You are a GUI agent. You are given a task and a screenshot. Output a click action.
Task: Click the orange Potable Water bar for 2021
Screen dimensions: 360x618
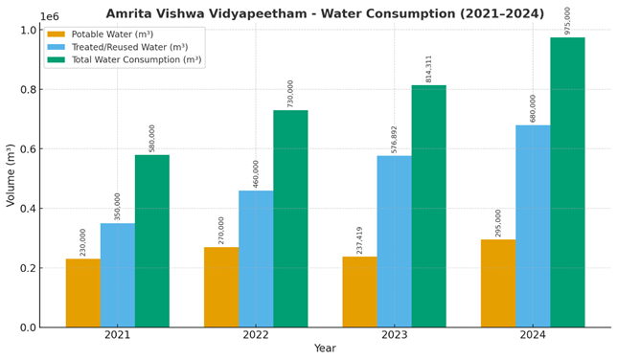point(82,293)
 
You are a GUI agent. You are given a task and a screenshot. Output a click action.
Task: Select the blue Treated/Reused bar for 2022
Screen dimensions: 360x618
point(256,259)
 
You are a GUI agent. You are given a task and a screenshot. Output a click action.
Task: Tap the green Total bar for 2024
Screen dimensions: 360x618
point(567,182)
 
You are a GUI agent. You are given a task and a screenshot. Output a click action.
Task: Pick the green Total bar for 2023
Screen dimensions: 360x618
point(428,206)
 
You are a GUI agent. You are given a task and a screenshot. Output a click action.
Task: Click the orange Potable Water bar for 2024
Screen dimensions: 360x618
point(498,283)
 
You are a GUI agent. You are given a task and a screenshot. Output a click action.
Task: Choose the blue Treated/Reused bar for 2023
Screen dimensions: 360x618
point(394,241)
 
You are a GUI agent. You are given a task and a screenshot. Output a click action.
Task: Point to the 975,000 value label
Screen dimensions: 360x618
point(567,20)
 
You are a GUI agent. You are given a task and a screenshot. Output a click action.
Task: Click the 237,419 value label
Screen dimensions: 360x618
point(359,240)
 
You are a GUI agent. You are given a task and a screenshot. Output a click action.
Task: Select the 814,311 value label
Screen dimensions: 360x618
point(428,68)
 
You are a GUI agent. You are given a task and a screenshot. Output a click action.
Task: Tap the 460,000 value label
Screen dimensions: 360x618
point(256,173)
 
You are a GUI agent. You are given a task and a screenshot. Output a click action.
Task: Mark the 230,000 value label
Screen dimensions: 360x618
point(83,242)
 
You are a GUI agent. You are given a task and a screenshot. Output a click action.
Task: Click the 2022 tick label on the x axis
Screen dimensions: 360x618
point(256,335)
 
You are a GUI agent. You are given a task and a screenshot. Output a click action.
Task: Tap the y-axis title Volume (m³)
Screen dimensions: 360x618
point(11,174)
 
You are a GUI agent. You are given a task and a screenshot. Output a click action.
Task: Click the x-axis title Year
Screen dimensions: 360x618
point(325,349)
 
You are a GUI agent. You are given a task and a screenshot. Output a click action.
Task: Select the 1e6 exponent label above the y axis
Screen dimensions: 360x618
point(49,16)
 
